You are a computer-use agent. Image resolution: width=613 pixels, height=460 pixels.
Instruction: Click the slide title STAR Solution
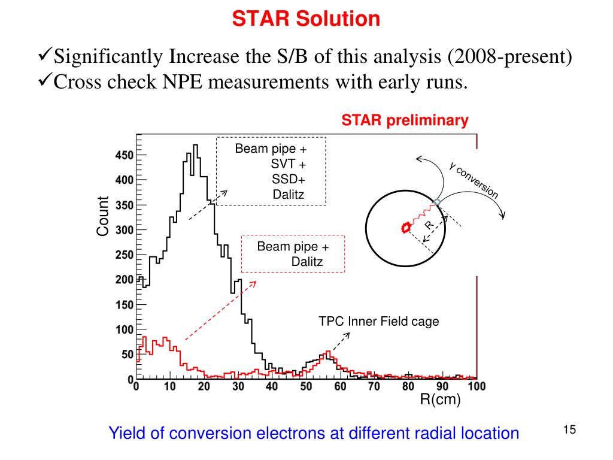[x=306, y=19]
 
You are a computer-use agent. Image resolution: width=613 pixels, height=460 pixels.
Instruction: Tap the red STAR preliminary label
[x=405, y=120]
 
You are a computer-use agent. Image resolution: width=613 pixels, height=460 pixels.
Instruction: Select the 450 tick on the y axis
[x=125, y=155]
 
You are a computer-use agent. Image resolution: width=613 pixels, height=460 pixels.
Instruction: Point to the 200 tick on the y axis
[x=125, y=280]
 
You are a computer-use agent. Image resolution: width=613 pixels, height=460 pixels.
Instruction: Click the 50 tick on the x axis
[x=306, y=387]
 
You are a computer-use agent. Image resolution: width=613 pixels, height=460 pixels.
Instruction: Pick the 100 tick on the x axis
[x=476, y=387]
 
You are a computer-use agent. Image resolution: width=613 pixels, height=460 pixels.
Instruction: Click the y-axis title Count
[x=103, y=216]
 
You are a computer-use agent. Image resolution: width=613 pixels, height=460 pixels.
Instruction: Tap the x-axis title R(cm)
[x=440, y=400]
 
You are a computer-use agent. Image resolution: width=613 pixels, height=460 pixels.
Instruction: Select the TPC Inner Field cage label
[x=378, y=322]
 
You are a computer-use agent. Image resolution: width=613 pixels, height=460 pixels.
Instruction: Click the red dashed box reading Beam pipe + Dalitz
[x=293, y=254]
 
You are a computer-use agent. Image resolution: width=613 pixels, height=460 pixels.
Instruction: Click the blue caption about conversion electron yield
[x=314, y=433]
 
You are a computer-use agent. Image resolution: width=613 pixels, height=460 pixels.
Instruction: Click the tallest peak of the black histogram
[x=195, y=146]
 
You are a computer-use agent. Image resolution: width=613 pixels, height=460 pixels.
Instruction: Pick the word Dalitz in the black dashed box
[x=289, y=194]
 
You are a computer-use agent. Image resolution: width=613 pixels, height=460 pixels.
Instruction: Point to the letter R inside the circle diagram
[x=429, y=225]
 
